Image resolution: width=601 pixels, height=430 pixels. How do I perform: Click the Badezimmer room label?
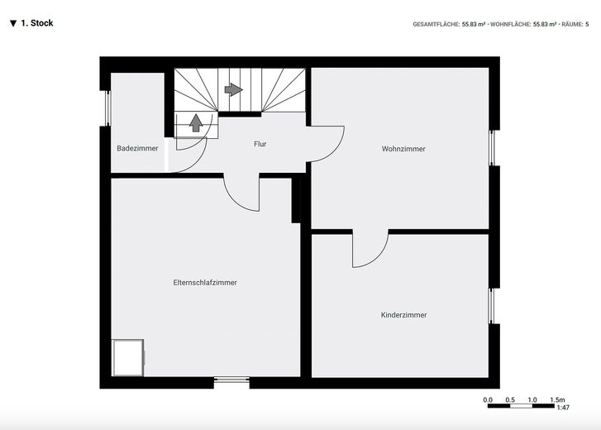pos(137,148)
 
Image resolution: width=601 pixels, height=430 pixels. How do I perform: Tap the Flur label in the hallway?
pos(260,144)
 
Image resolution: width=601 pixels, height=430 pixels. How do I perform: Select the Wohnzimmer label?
pos(403,149)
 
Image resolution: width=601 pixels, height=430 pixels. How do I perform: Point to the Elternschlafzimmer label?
pos(205,283)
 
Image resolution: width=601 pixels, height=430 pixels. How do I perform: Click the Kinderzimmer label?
pos(403,314)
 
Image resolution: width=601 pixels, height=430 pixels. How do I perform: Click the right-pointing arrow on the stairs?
pos(233,89)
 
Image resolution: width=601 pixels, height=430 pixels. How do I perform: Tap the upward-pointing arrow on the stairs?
pos(196,122)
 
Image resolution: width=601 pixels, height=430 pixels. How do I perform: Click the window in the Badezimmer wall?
pos(107,108)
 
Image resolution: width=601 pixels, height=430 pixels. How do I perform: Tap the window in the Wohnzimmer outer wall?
pos(492,148)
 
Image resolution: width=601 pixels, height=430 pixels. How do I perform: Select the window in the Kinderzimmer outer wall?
pos(492,306)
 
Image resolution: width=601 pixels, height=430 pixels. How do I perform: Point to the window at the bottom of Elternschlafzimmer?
pos(231,380)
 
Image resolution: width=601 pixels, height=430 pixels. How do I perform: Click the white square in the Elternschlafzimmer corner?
pos(128,357)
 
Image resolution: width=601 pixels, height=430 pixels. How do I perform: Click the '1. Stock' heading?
pos(31,23)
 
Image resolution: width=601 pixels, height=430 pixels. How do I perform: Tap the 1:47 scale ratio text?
pos(563,408)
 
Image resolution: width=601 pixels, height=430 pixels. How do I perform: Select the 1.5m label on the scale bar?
pos(557,399)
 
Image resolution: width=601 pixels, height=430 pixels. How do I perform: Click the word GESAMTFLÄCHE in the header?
pos(436,24)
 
